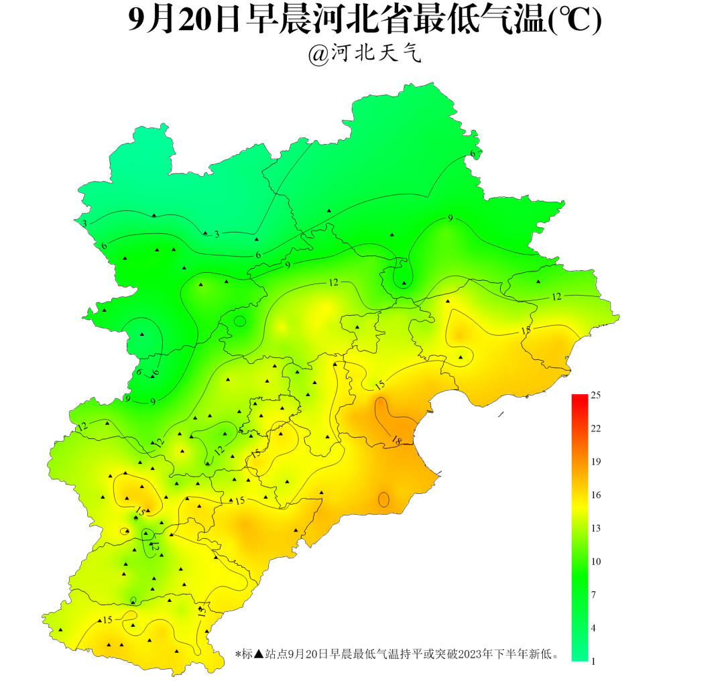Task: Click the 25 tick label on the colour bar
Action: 595,395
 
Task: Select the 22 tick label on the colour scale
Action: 595,428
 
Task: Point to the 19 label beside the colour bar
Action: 595,462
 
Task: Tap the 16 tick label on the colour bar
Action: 595,495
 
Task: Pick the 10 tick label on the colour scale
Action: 595,561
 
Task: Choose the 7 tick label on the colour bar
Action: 593,595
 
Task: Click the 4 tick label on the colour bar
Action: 593,627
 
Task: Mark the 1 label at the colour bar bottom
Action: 593,661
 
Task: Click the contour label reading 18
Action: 396,440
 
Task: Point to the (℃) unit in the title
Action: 575,21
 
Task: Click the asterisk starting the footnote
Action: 238,654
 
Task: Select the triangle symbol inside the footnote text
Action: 259,654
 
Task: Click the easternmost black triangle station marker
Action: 538,282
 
